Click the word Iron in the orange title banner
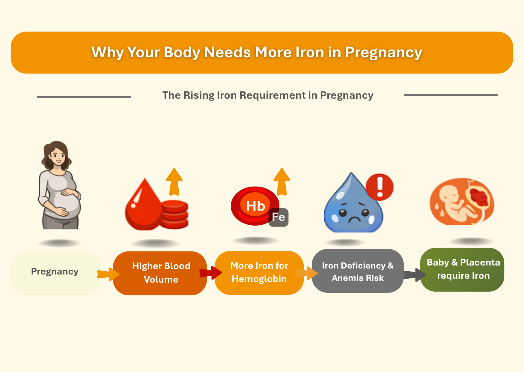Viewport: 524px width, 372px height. (x=310, y=52)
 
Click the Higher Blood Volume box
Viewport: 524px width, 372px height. (x=160, y=273)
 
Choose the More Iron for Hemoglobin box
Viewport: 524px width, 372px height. (x=259, y=273)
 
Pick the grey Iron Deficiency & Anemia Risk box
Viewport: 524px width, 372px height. (x=358, y=271)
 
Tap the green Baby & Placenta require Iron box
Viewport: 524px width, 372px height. (x=462, y=269)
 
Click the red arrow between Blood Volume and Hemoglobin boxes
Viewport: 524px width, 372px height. (x=211, y=272)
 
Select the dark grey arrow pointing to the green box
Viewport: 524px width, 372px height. (x=415, y=274)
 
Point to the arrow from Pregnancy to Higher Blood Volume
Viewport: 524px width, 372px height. (x=108, y=274)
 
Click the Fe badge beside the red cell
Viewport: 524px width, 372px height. (x=278, y=217)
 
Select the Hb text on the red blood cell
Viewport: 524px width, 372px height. (x=255, y=206)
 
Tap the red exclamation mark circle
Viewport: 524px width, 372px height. (x=380, y=187)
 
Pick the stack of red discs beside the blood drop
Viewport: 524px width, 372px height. (x=175, y=214)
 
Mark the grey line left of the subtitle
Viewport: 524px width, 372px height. (x=84, y=97)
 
